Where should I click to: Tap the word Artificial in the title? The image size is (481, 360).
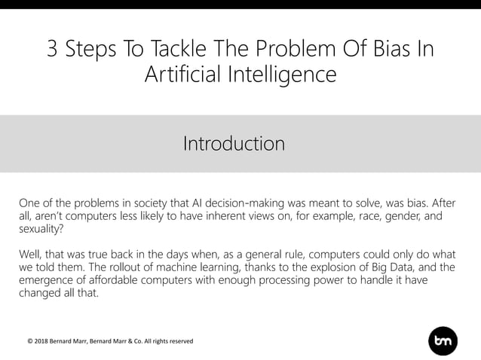pos(185,75)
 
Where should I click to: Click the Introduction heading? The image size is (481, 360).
pos(234,143)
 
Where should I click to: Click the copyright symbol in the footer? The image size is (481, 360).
pos(29,341)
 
